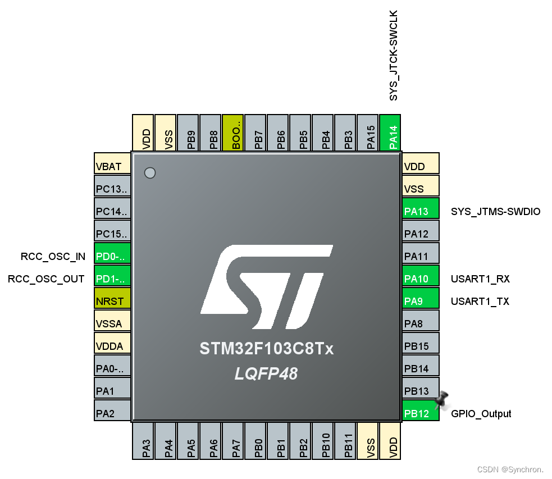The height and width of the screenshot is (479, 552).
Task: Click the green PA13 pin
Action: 421,211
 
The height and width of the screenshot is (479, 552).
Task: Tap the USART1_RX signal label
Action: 480,279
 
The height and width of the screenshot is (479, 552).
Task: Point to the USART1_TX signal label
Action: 480,301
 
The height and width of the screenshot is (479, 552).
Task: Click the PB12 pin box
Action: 421,413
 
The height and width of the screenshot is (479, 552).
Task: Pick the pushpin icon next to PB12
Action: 442,399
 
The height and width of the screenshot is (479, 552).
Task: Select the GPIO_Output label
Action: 481,414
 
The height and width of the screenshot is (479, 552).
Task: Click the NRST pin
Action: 112,301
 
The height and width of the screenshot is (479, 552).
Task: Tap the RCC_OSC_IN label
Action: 53,257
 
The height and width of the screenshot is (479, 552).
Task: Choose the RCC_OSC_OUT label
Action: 46,279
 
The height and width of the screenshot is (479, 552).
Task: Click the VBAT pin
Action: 112,166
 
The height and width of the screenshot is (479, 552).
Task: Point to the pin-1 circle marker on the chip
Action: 150,173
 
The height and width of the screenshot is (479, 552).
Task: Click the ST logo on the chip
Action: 266,286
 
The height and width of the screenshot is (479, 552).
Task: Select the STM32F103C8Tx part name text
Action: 266,349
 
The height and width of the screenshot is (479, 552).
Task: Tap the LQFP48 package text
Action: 266,373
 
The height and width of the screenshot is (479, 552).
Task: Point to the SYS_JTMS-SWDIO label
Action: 495,212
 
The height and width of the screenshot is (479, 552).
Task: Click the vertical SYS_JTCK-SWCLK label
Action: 394,55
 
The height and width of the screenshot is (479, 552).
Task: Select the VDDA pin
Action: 112,346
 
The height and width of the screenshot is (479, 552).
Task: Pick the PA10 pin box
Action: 421,279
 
